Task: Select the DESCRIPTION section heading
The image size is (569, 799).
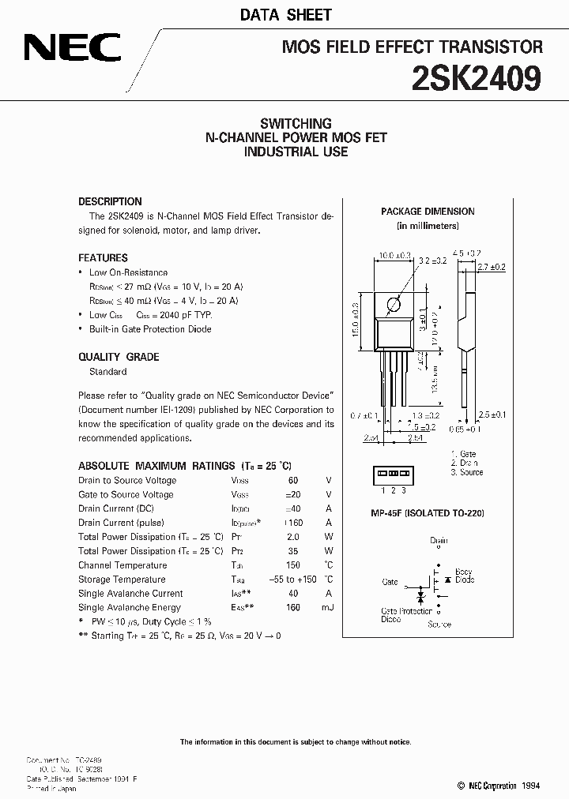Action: [110, 201]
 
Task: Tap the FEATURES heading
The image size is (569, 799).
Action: [103, 257]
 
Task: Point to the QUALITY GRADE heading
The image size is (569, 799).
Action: [119, 357]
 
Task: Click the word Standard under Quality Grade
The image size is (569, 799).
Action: [107, 371]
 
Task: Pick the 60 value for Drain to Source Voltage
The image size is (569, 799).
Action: [293, 480]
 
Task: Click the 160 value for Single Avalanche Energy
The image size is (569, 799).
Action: [293, 607]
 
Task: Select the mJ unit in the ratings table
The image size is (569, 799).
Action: [328, 607]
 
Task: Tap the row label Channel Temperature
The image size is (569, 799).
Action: [122, 565]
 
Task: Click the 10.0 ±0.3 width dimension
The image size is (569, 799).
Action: [394, 255]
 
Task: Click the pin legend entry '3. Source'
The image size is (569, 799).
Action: [467, 472]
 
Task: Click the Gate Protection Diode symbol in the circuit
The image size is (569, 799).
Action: [420, 601]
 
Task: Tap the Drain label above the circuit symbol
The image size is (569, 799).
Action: [439, 541]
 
